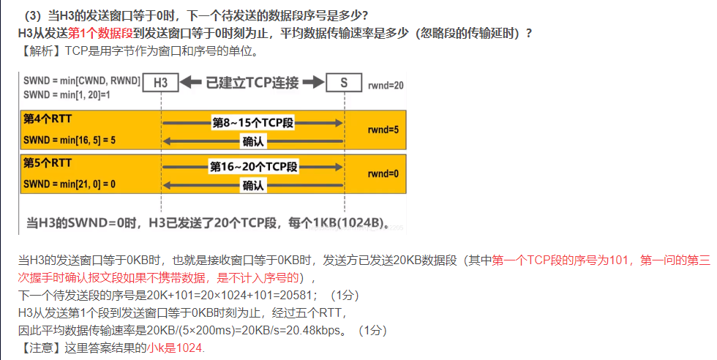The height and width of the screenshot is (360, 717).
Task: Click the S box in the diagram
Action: click(x=343, y=83)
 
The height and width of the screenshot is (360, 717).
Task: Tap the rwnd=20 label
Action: click(x=386, y=86)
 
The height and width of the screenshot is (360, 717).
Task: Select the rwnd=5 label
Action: click(x=383, y=130)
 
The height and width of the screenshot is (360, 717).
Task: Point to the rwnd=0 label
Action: click(x=383, y=174)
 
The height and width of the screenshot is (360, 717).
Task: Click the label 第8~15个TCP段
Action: click(x=252, y=123)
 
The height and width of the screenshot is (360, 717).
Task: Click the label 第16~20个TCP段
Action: click(x=252, y=167)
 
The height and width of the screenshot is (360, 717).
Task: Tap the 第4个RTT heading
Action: click(x=48, y=119)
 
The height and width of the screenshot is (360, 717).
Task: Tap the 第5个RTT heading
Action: click(x=48, y=162)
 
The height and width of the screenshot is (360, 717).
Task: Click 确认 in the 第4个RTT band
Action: click(x=253, y=141)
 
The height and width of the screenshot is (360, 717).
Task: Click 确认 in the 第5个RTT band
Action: click(x=253, y=186)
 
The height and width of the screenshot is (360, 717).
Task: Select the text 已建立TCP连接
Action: click(x=252, y=83)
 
